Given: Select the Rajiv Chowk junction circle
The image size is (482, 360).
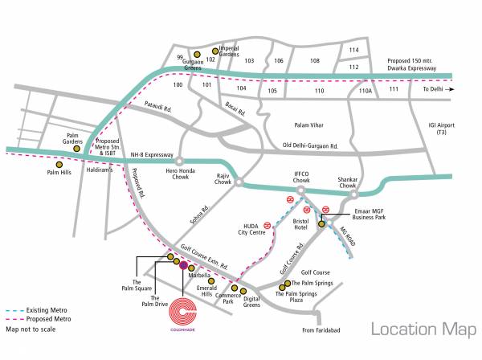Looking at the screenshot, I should [239, 183].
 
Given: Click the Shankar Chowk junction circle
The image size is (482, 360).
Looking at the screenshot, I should [354, 194].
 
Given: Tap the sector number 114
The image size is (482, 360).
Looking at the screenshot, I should [353, 50].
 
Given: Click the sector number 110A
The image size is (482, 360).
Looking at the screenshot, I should [366, 92].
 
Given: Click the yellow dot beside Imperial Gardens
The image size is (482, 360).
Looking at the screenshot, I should [214, 51].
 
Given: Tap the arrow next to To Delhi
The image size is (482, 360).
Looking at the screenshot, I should [451, 90].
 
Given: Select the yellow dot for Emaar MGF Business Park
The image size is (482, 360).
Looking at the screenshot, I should [321, 225].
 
